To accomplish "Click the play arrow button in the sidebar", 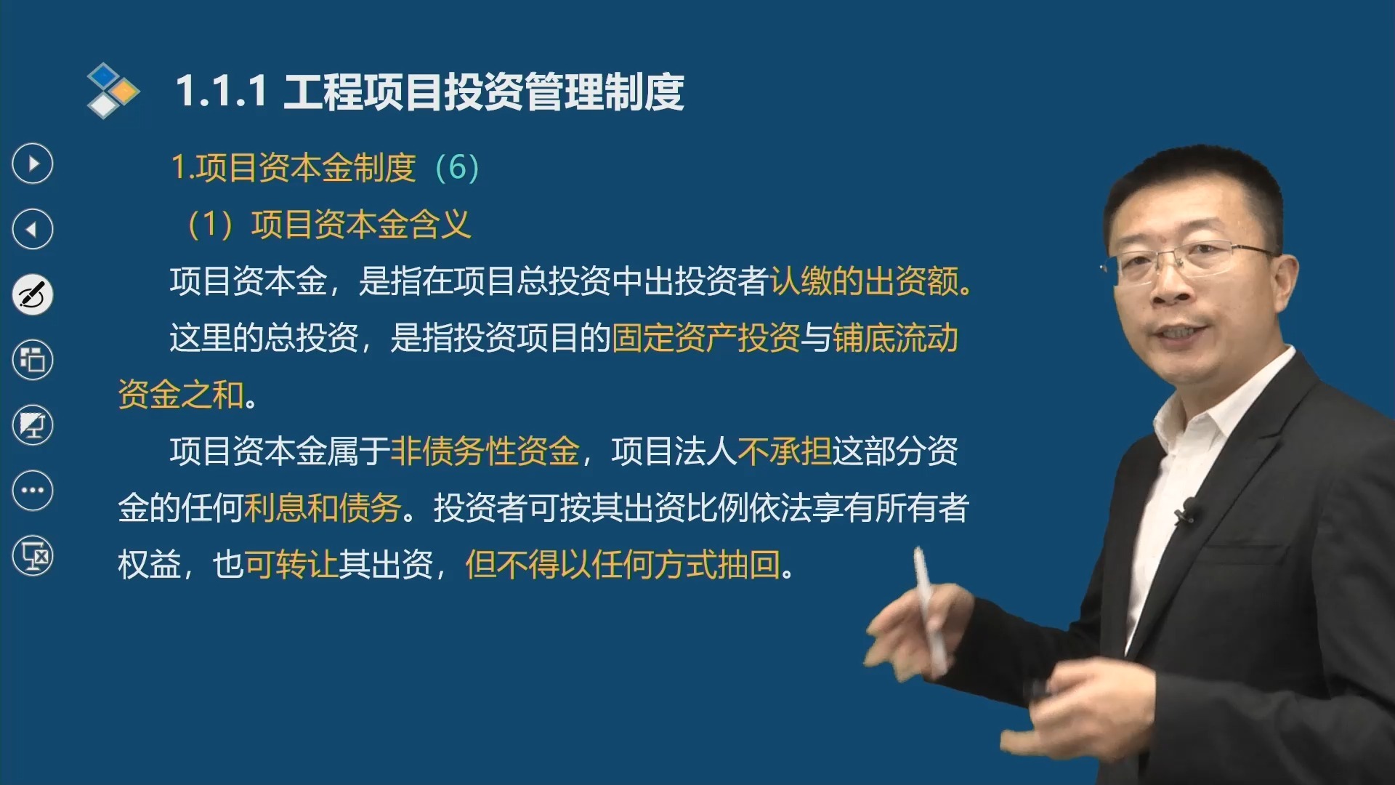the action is point(33,164).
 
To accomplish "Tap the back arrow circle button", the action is point(33,229).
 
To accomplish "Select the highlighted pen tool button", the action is point(33,294).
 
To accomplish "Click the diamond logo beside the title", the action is point(113,90).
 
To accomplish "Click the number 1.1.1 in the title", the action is point(222,92).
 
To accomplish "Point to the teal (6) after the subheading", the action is point(457,168).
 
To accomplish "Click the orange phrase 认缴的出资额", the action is point(865,281).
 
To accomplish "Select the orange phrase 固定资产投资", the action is point(705,338).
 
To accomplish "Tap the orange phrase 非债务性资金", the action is point(485,451).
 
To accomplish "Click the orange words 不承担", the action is point(784,451).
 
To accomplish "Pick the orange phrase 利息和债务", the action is point(323,508).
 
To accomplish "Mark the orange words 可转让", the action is point(291,565).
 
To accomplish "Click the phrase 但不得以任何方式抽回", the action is point(623,565).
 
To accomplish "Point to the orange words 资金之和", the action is point(181,395).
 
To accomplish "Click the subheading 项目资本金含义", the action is point(361,225).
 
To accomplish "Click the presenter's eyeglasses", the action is point(1192,262).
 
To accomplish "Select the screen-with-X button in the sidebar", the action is point(33,556).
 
